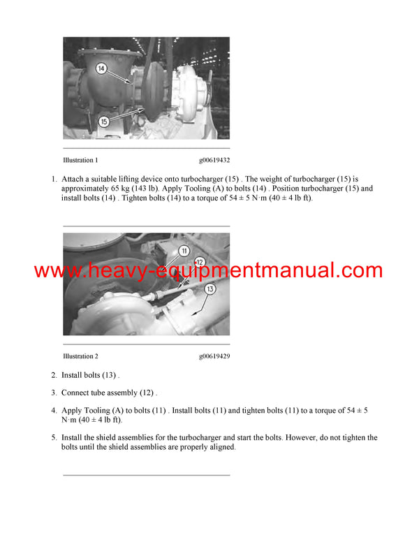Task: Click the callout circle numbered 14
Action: pos(101,68)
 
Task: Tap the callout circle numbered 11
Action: pos(184,251)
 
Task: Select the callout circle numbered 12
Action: pos(198,263)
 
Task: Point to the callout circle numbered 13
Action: pos(210,288)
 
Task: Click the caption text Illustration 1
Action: pos(80,161)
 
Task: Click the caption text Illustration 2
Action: pos(80,356)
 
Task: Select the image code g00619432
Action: pos(214,161)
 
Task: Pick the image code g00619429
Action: pos(214,356)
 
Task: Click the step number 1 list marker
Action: pos(54,180)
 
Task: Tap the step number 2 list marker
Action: pos(54,375)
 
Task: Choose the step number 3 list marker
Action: pos(54,393)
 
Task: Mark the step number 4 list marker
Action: pos(54,411)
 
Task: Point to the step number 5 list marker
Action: pos(54,438)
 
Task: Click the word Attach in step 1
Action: pos(73,180)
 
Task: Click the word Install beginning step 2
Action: pos(73,375)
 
